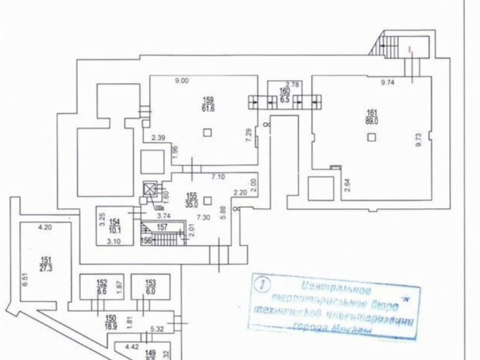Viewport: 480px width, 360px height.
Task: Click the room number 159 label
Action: (208, 100)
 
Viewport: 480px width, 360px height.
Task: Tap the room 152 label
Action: (101, 282)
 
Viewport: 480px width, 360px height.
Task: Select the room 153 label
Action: (151, 282)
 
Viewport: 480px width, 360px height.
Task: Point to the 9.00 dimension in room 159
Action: (181, 82)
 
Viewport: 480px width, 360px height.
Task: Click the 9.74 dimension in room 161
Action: (387, 83)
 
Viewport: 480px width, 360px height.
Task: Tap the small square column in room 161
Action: (371, 138)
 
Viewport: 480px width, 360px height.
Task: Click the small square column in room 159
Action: (207, 132)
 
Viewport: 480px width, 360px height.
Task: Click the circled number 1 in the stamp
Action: (261, 284)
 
